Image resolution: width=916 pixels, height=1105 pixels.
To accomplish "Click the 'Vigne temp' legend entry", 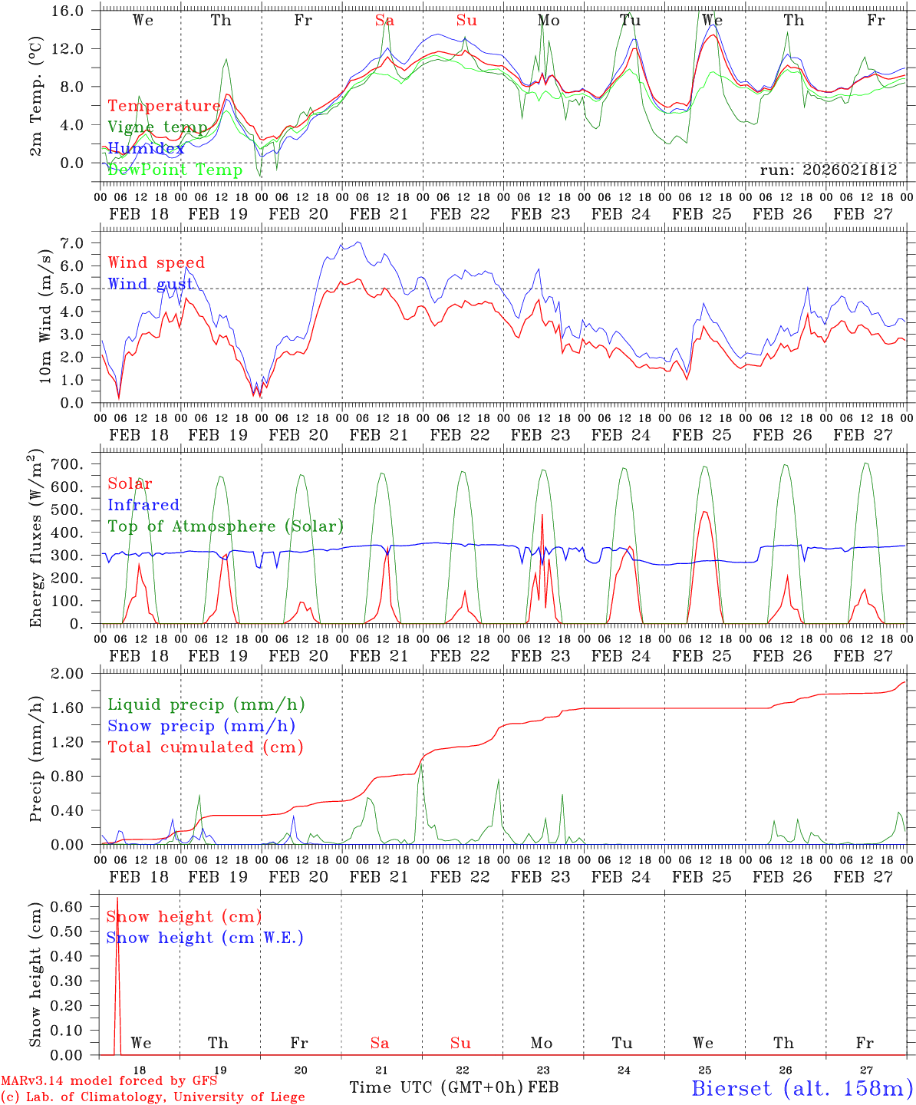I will tap(157, 127).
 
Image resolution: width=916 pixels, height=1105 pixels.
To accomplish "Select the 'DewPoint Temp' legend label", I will tap(175, 170).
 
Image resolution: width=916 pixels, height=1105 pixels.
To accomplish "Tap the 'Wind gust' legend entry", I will tap(150, 284).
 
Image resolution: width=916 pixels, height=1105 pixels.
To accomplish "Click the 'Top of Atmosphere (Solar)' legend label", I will tap(226, 526).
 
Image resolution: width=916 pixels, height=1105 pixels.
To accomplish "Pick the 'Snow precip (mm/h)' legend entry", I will tap(201, 726).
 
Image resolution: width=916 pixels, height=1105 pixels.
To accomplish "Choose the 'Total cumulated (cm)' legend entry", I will tap(206, 747).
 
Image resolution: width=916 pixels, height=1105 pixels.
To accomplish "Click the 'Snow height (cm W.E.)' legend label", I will tap(205, 938).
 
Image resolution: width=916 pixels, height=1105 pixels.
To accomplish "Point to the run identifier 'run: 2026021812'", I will tap(828, 170).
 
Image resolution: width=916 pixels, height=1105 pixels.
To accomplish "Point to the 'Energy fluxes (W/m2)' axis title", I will tap(37, 539).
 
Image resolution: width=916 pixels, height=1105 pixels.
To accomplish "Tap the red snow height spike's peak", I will tap(117, 898).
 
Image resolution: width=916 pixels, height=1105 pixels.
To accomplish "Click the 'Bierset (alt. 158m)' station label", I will tap(801, 1087).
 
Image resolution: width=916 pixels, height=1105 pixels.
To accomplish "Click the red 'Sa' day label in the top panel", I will tap(384, 21).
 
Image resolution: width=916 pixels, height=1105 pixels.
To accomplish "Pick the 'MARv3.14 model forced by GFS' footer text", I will tap(109, 1081).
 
